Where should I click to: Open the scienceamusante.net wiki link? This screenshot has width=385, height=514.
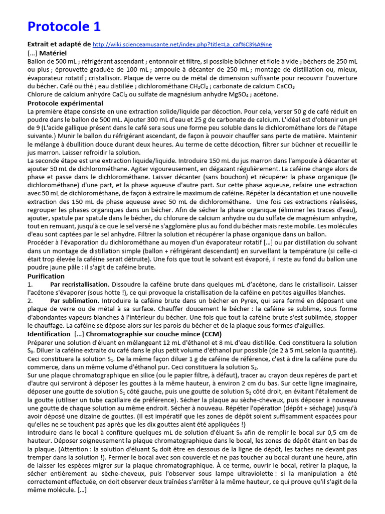point(182,45)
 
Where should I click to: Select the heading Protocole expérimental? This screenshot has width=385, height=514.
point(65,103)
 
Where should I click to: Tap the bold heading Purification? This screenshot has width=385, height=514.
point(46,276)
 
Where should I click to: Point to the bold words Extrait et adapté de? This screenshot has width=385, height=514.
point(59,44)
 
